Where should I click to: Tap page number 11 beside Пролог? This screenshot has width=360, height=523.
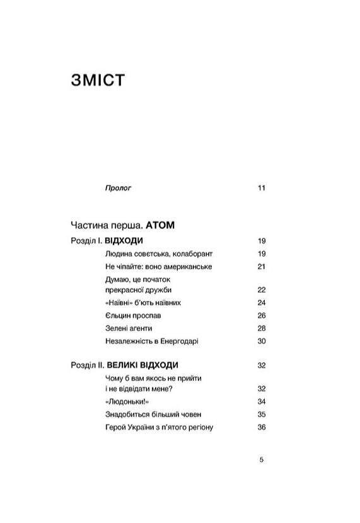[262, 188]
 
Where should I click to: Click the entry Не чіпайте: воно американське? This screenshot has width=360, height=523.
[159, 266]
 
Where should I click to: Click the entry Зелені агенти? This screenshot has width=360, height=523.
[130, 328]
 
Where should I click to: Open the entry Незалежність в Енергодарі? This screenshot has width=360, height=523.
[153, 341]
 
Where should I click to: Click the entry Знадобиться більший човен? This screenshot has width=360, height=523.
[154, 414]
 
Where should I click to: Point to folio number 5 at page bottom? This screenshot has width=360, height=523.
[262, 460]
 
